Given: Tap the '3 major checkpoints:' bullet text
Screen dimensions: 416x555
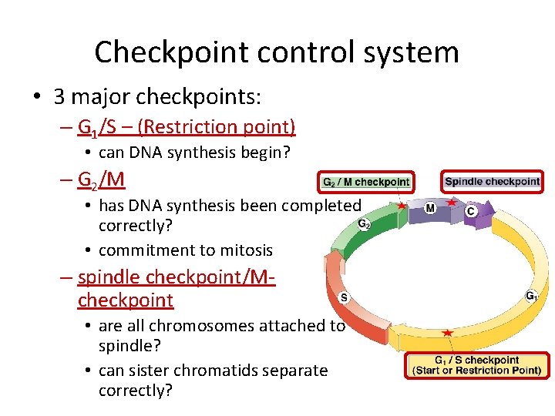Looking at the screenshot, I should pos(157,97).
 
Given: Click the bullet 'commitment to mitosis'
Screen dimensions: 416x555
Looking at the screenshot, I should pos(186,250).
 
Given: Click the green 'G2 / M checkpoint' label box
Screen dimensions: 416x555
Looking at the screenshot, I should pos(366,183).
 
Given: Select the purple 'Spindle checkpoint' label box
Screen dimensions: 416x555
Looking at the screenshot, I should pos(492,182).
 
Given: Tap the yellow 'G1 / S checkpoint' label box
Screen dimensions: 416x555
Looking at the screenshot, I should pos(477,365).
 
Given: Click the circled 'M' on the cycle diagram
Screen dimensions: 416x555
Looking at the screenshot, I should pos(429,209).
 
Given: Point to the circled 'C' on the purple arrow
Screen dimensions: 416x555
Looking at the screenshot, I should pos(470,210).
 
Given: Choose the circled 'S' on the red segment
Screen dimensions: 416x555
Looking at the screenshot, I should pos(343,297).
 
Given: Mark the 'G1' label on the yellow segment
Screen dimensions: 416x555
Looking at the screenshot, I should pos(532,295).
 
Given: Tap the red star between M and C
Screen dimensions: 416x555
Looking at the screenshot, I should pos(452,202).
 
